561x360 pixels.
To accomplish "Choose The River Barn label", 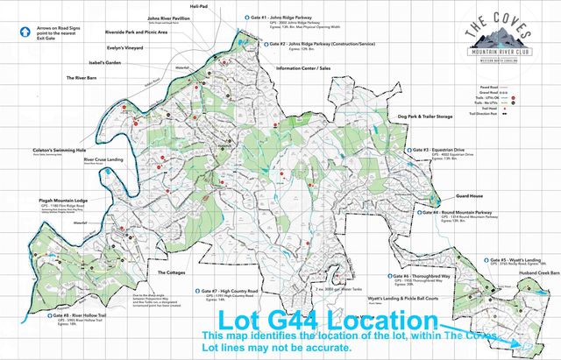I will [x=87, y=78].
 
